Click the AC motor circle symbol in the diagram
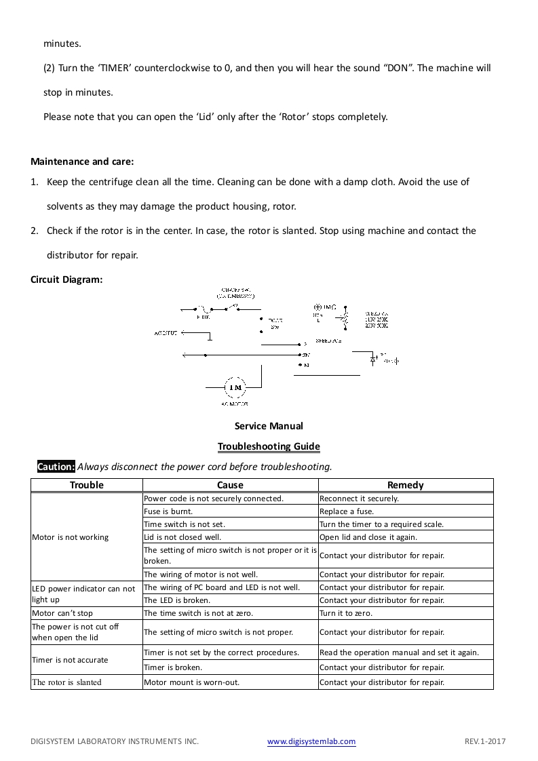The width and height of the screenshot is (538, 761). [235, 387]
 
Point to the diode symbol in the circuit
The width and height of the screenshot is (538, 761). [373, 360]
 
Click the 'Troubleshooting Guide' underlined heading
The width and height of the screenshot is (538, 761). [269, 446]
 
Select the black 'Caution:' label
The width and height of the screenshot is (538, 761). [56, 467]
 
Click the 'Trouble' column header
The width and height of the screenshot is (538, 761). [87, 485]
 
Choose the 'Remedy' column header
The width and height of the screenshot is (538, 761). [405, 485]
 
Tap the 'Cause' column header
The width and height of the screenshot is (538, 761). [230, 485]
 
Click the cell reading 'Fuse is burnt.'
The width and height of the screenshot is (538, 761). [168, 511]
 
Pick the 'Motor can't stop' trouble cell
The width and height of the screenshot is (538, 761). [62, 613]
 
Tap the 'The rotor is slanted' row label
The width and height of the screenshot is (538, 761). [66, 682]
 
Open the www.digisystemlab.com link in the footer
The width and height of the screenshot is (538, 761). [311, 742]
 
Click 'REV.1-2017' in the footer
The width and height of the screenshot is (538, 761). [485, 742]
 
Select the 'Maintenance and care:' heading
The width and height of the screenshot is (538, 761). [82, 161]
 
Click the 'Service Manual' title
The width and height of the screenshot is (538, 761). [269, 427]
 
